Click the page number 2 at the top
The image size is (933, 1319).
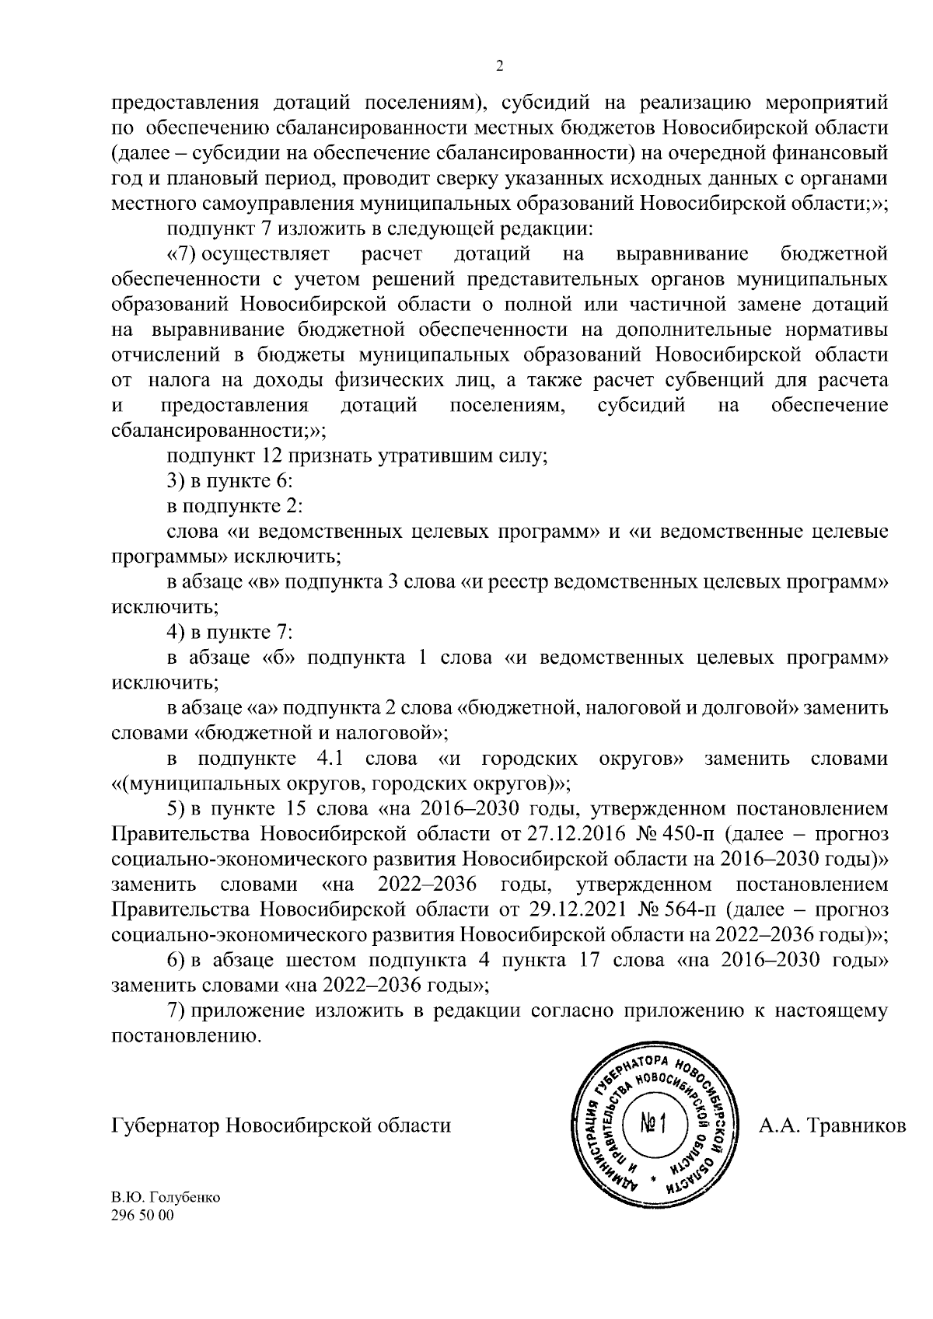499,66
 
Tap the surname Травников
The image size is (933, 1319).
856,1125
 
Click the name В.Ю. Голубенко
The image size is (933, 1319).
166,1197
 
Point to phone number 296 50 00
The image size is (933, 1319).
144,1216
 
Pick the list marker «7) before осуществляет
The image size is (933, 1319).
180,254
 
